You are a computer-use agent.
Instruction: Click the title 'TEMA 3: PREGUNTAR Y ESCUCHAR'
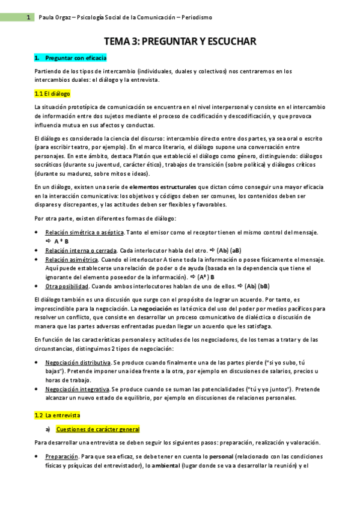(180, 41)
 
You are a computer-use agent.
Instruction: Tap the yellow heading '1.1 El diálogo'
(52, 94)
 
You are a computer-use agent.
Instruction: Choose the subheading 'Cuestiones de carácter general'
(97, 429)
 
